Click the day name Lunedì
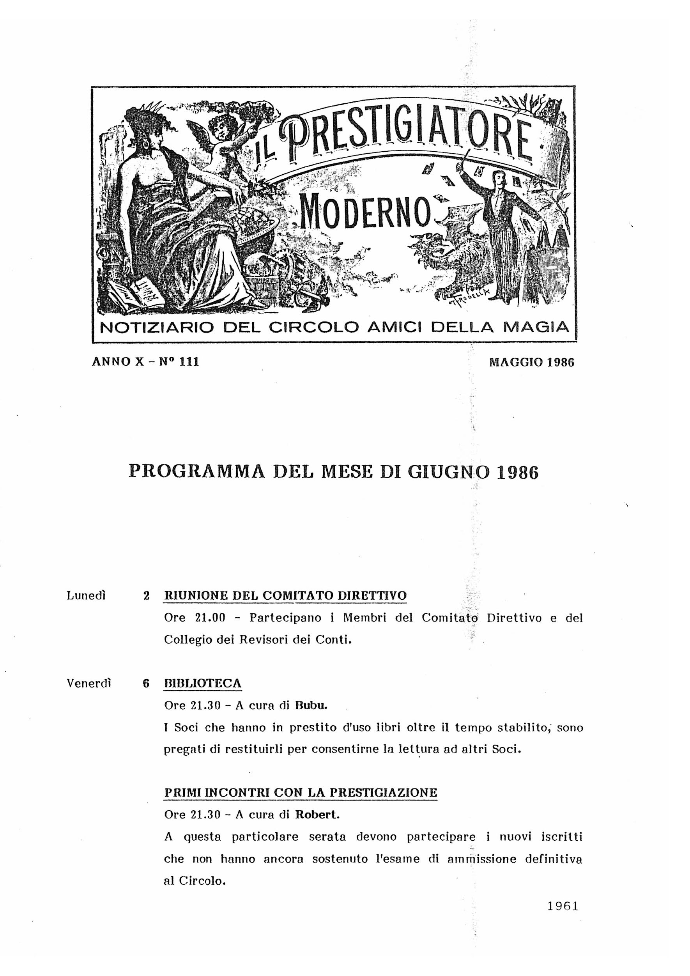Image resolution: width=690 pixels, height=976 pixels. (x=86, y=595)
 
